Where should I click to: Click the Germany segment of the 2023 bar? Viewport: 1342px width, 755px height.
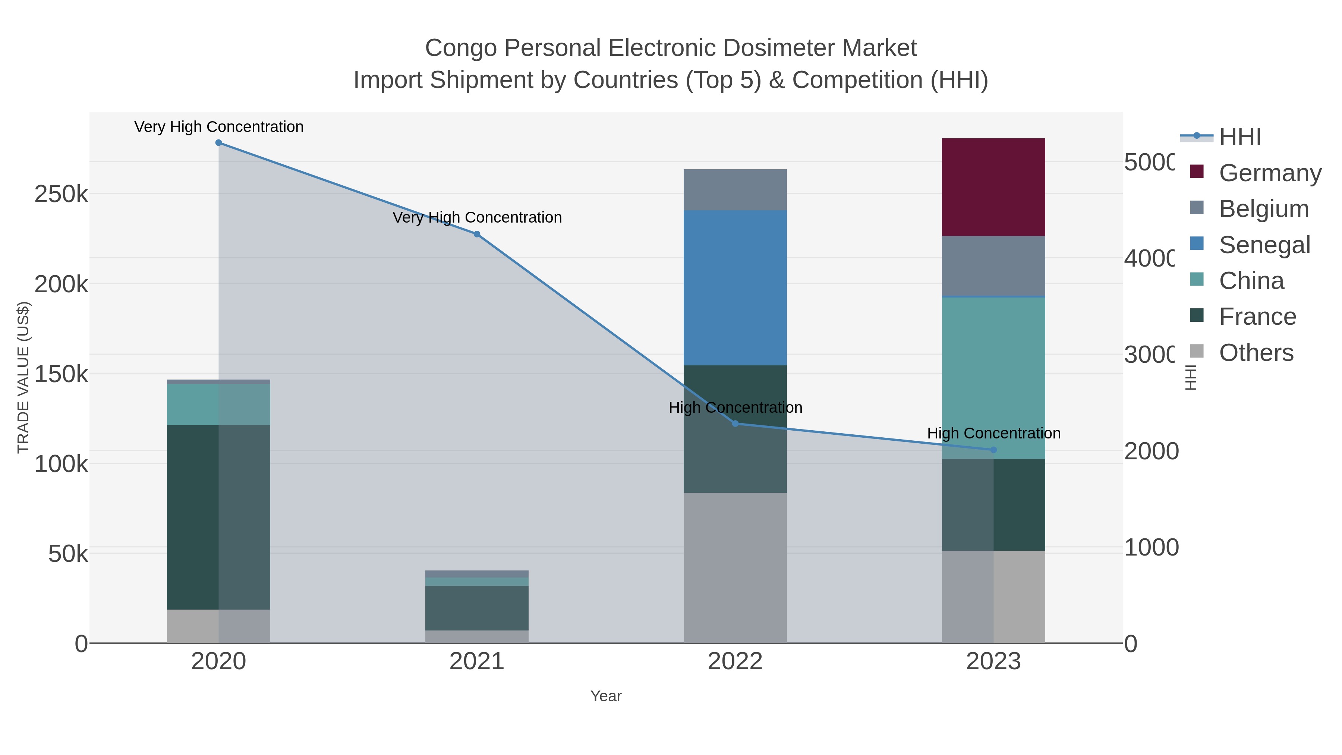coord(993,187)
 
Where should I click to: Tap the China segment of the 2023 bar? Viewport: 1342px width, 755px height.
coord(993,378)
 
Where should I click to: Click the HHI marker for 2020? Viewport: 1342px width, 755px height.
coord(218,143)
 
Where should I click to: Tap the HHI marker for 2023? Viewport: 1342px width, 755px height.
coord(993,450)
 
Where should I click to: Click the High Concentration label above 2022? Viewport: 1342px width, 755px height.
coord(735,408)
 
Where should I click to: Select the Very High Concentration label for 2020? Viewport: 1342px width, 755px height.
coord(219,127)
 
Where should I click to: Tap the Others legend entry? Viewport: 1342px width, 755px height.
coord(1256,353)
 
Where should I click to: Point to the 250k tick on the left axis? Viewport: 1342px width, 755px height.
coord(61,194)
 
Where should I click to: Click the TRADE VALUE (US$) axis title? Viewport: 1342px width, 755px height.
coord(23,377)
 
